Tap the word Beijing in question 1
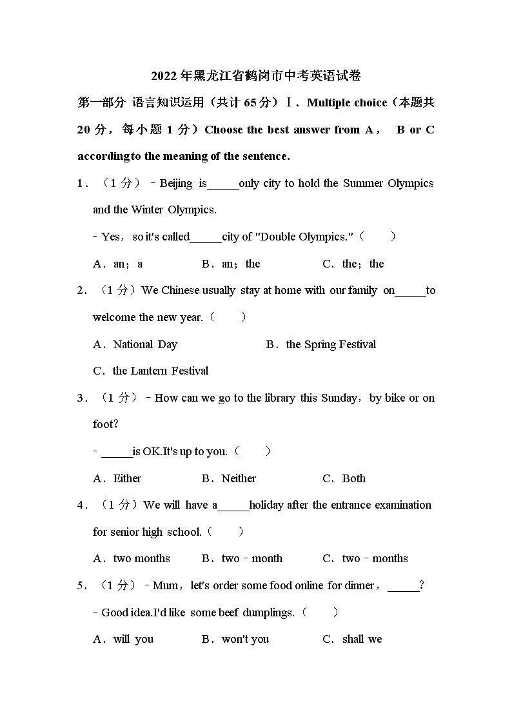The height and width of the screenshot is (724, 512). [175, 183]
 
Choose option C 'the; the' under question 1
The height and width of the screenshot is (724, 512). [362, 264]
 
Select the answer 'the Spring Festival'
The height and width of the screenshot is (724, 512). [331, 344]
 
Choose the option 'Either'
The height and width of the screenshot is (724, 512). [127, 478]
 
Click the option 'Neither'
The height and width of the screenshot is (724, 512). [239, 478]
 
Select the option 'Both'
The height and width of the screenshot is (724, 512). [353, 478]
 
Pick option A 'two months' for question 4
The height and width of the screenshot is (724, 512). [141, 558]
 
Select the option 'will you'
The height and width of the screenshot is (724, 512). [133, 639]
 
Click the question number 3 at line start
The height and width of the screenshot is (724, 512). [81, 398]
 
